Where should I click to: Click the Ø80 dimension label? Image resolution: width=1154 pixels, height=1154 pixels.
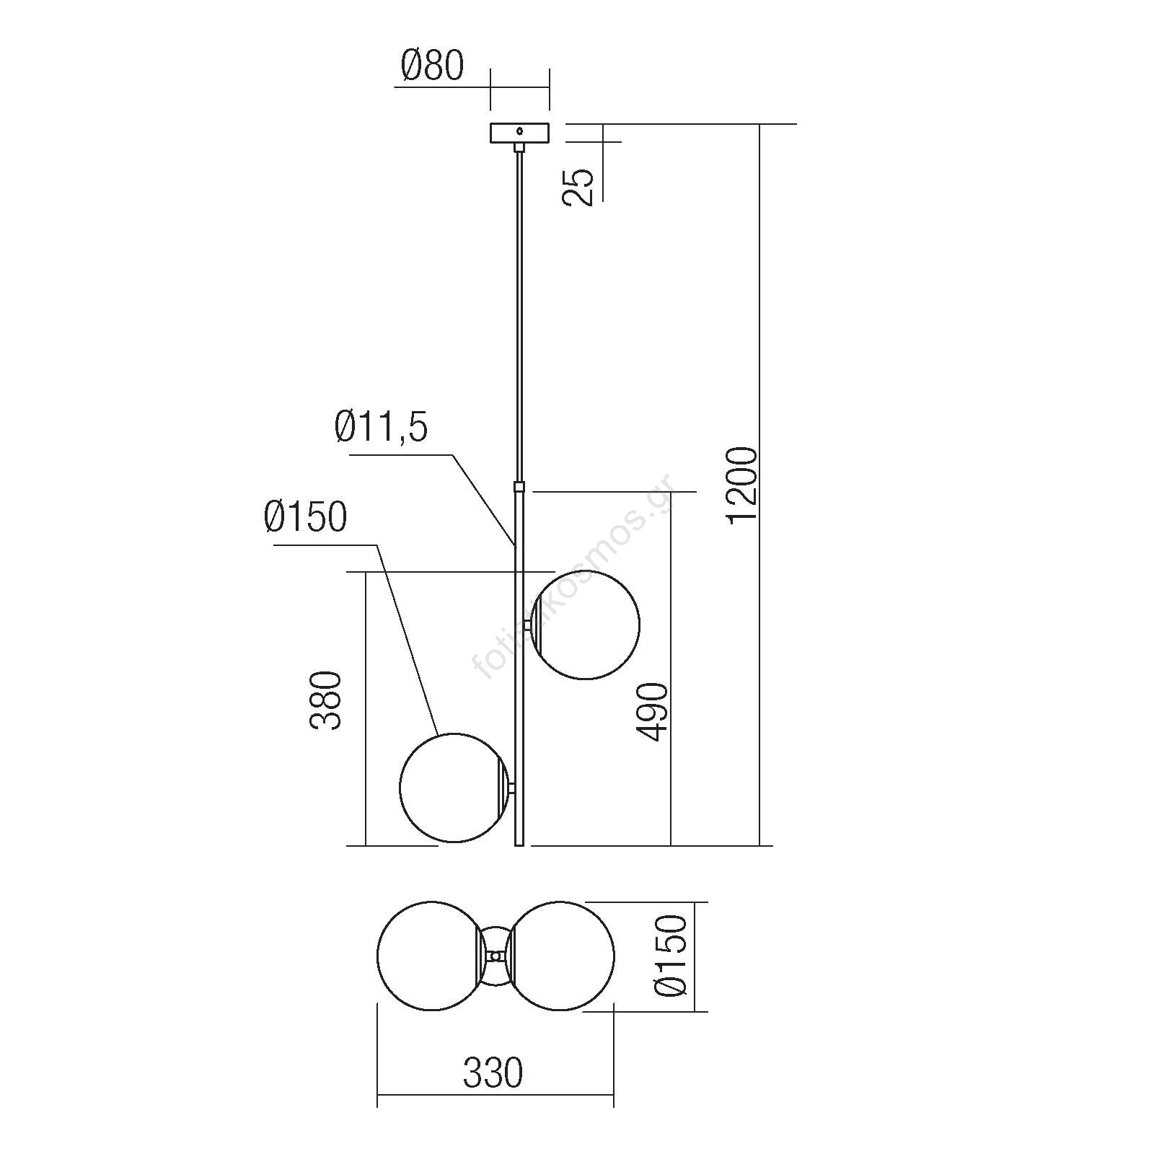click(432, 66)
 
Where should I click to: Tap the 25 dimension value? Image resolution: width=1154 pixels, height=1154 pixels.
click(578, 188)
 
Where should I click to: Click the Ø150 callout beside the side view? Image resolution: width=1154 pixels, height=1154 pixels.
click(306, 516)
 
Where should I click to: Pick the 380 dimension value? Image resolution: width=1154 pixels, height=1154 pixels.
click(325, 701)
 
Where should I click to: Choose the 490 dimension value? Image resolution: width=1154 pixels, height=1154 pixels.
click(653, 712)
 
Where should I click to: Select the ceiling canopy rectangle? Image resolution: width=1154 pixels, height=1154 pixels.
click(519, 133)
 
